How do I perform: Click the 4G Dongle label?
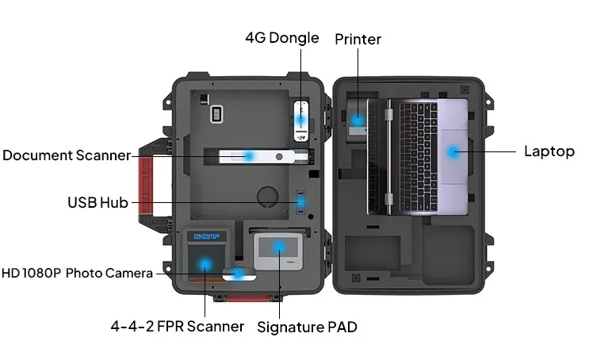[281, 38]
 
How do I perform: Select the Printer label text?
[358, 39]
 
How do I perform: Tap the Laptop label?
[549, 151]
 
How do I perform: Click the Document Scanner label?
[66, 155]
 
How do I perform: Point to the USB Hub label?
[98, 202]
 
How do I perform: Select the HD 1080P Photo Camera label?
[77, 273]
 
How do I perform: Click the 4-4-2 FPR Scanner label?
[177, 326]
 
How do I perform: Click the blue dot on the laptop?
[453, 151]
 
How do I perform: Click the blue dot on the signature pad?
[279, 246]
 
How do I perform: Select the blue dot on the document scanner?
[248, 155]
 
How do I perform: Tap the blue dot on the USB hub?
[300, 203]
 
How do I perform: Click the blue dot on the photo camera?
[239, 274]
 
